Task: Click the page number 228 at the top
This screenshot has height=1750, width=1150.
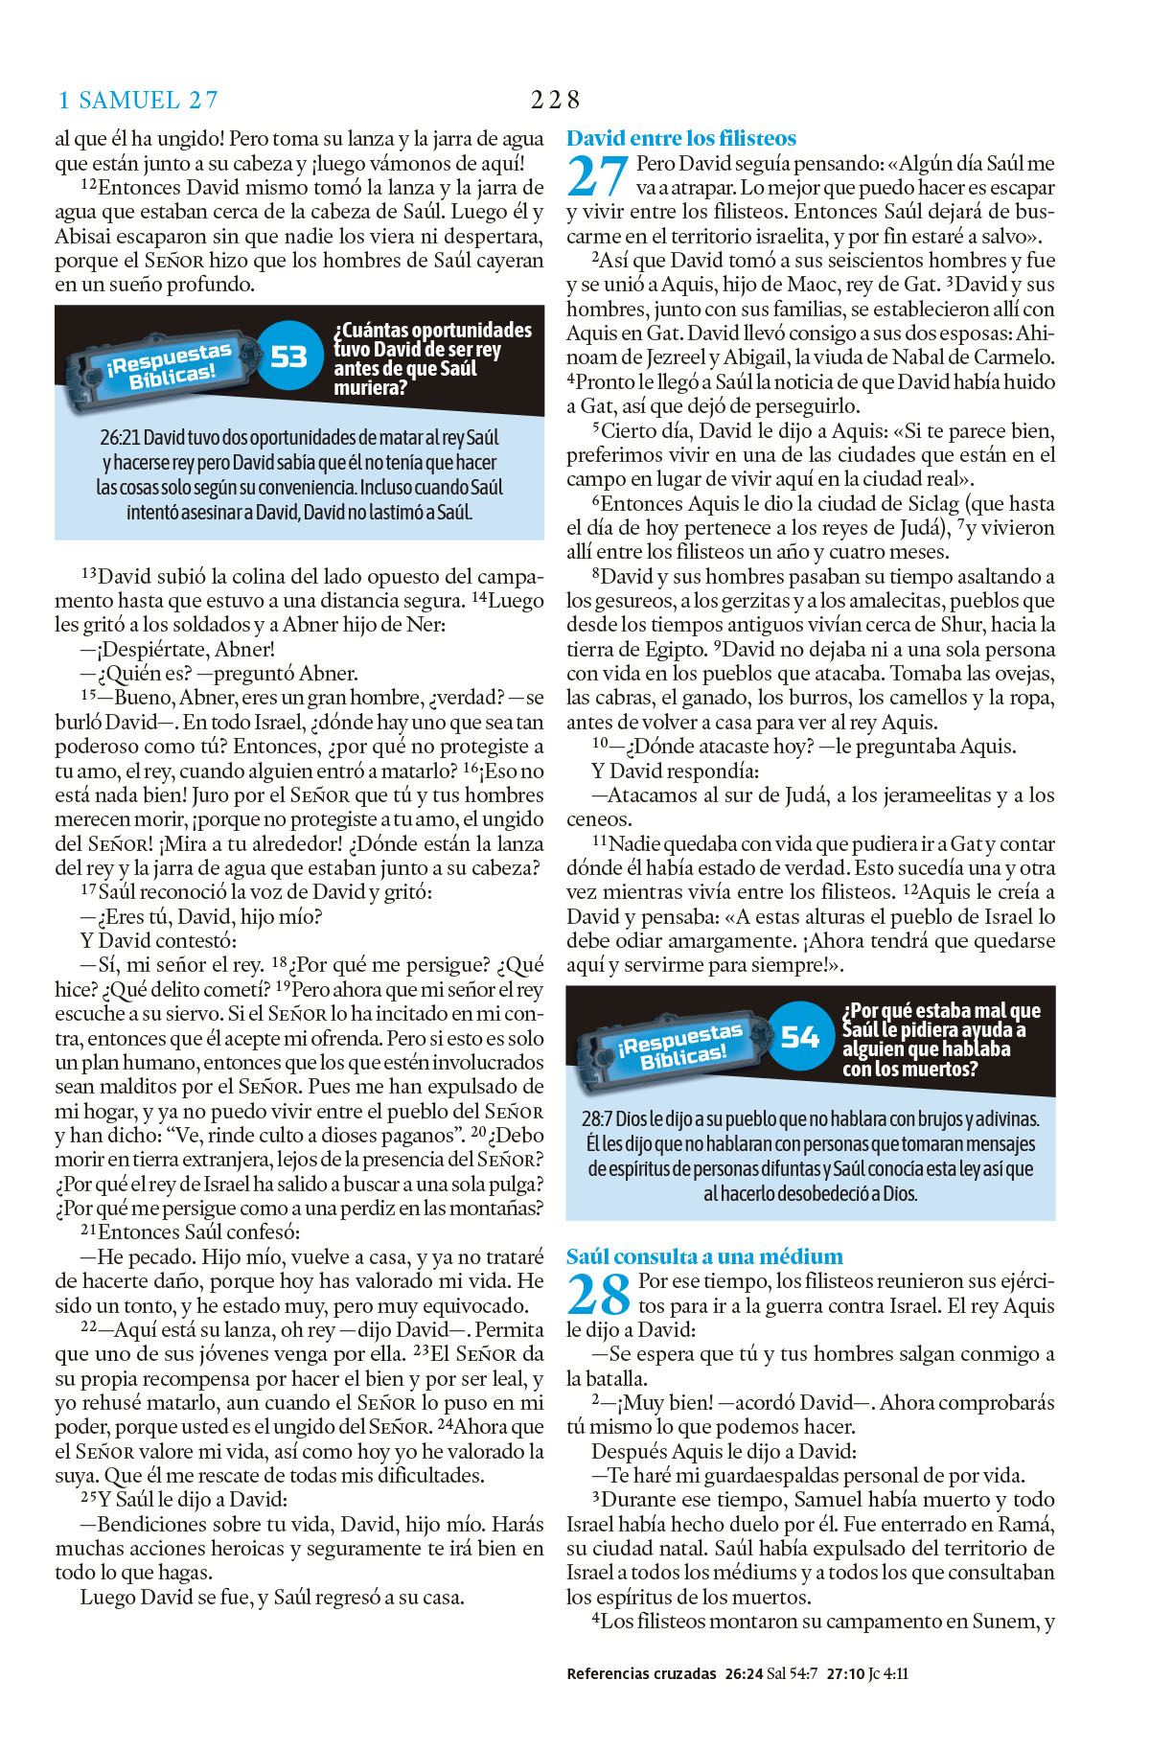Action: coord(555,100)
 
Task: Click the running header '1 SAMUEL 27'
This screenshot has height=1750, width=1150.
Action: coord(138,100)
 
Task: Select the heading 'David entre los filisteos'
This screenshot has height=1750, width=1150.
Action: coord(680,138)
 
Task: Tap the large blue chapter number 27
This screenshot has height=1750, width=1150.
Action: coord(597,176)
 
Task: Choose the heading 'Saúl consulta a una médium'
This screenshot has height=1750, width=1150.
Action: coord(704,1256)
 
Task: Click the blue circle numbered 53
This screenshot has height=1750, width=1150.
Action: coord(288,357)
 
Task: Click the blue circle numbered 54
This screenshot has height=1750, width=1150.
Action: coord(799,1036)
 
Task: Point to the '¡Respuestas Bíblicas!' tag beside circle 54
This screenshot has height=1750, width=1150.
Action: coord(682,1045)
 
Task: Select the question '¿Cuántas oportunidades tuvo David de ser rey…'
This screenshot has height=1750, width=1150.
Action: coord(431,358)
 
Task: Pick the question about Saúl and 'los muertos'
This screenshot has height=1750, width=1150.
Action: coord(940,1039)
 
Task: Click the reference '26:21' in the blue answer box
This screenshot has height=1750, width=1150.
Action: coord(120,438)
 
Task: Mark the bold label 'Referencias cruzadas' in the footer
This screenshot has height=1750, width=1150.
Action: coord(641,1673)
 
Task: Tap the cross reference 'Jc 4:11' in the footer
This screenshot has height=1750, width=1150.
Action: coord(887,1673)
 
